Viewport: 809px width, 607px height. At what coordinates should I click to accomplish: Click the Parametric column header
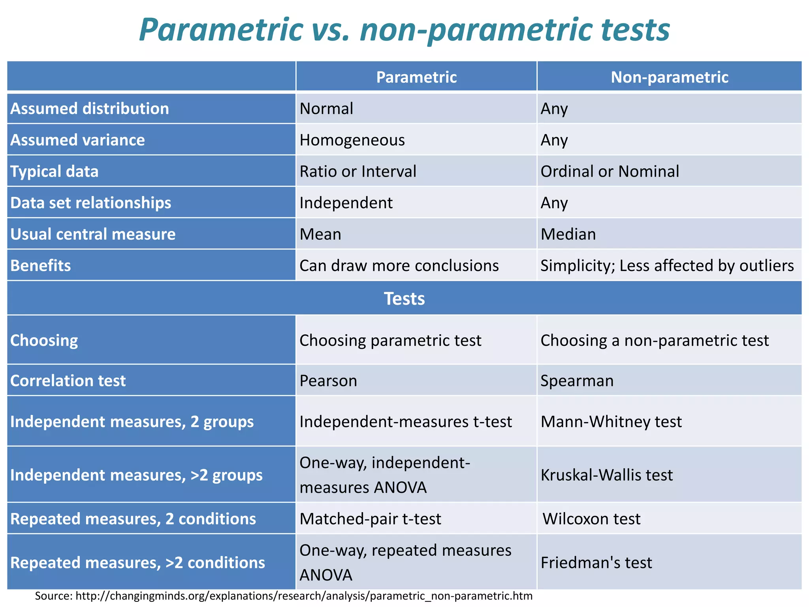click(416, 77)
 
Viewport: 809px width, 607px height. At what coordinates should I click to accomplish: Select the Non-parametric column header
click(669, 77)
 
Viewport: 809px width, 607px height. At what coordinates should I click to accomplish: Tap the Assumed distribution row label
click(90, 109)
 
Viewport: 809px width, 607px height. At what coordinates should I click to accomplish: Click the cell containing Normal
click(326, 109)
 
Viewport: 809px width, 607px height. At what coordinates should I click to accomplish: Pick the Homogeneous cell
click(352, 140)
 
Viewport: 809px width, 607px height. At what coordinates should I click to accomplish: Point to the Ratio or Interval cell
click(357, 172)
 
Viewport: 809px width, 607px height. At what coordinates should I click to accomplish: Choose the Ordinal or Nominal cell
click(610, 172)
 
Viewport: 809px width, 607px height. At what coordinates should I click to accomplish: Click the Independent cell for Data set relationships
click(346, 203)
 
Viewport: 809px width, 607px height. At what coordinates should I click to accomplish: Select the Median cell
click(568, 234)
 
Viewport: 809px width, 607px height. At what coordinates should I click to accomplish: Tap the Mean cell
click(320, 234)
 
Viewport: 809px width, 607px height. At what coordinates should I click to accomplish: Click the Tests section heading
click(404, 299)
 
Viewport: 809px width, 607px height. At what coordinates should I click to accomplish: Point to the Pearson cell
click(328, 381)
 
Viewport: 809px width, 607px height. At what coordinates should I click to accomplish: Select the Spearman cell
click(577, 381)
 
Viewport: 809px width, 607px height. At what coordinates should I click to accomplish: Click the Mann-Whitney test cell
click(611, 422)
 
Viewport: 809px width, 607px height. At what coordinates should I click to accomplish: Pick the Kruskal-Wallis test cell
click(606, 475)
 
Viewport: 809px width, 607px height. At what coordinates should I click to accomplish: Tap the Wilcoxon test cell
click(591, 519)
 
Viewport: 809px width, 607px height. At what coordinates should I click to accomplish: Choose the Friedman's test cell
click(596, 562)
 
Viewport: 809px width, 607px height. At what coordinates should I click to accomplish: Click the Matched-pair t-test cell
click(370, 519)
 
